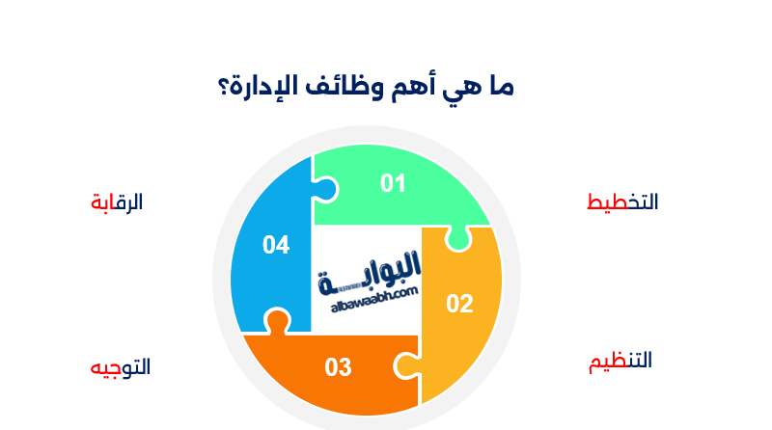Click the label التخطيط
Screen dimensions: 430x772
(622, 202)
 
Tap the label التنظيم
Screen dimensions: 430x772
(620, 363)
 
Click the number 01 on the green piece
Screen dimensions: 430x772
(393, 183)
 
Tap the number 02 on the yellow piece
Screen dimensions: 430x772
(459, 304)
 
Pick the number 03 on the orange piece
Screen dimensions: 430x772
(338, 367)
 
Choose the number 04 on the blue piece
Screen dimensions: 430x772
(276, 245)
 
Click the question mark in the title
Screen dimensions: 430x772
(224, 89)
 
